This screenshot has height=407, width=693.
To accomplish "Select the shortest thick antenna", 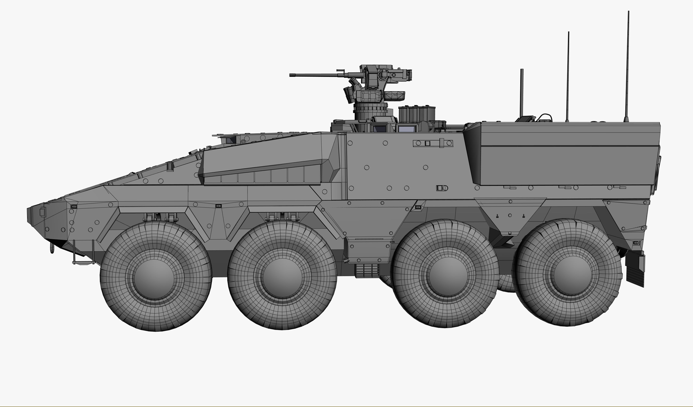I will [521, 94].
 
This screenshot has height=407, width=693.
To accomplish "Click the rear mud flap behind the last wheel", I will [635, 270].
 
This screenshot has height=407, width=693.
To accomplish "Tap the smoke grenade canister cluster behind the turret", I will [417, 114].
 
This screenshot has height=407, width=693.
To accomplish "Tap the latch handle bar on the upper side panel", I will [433, 143].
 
